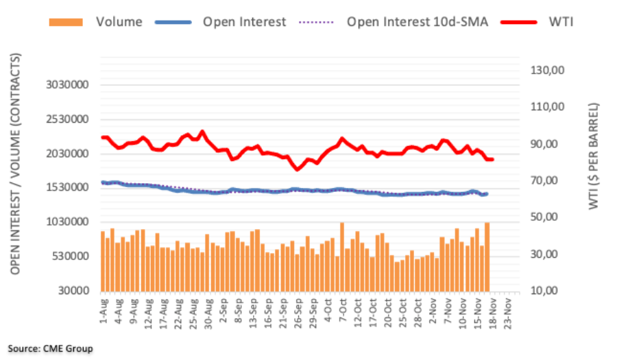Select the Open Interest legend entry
click(244, 22)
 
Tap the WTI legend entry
click(560, 22)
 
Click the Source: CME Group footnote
click(50, 348)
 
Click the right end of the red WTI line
click(492, 160)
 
